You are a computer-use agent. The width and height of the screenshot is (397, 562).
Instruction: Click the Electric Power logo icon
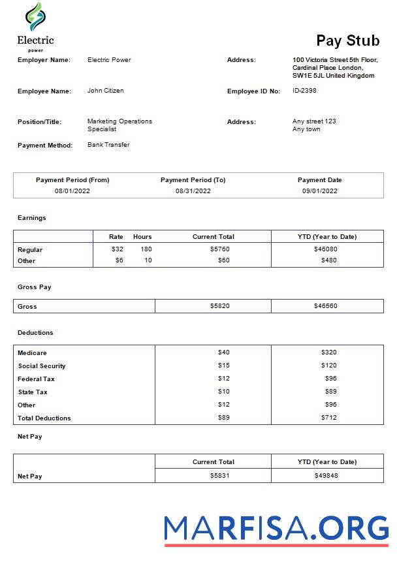(x=35, y=18)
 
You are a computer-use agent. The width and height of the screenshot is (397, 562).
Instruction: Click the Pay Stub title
(x=347, y=40)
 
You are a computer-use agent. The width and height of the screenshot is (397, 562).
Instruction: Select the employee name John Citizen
(x=105, y=91)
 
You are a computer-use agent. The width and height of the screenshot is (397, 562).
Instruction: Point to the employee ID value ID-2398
(x=304, y=91)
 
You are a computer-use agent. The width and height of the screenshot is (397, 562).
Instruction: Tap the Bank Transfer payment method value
(x=108, y=145)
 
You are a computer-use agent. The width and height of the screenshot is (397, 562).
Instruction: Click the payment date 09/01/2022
(x=319, y=191)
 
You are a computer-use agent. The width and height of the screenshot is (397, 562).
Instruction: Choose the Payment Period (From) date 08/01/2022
(x=72, y=191)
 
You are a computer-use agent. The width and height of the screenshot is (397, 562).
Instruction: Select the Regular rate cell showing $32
(x=117, y=249)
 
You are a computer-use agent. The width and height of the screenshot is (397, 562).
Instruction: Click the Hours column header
(x=142, y=236)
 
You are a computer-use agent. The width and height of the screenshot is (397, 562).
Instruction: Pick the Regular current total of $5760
(x=219, y=249)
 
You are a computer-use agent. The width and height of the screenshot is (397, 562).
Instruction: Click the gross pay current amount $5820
(x=219, y=306)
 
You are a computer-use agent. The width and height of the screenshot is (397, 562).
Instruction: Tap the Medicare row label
(x=32, y=353)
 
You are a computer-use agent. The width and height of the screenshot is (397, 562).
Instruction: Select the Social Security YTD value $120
(x=328, y=366)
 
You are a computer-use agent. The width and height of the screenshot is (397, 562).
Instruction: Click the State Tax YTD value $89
(x=330, y=392)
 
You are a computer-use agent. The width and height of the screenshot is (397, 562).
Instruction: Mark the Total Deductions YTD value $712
(x=328, y=418)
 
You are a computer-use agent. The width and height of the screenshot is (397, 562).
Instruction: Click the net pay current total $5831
(x=219, y=476)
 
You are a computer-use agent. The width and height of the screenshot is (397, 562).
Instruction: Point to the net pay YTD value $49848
(x=326, y=476)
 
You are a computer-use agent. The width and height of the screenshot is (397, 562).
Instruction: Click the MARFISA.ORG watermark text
(x=276, y=527)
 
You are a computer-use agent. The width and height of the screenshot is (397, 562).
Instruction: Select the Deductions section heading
(x=35, y=333)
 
